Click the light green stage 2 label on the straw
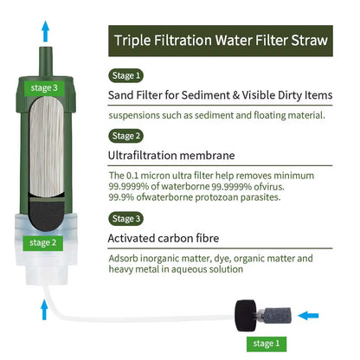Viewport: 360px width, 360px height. click(42, 242)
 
